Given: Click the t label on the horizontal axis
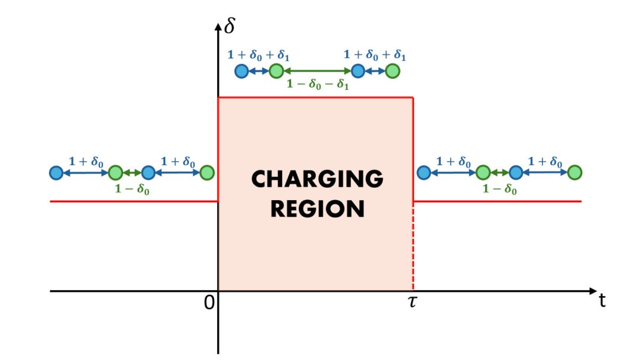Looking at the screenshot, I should pos(603,300).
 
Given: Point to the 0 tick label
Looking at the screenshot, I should pos(208,302).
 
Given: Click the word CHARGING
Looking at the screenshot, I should pos(317,179).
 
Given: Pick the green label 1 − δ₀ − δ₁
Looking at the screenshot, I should pos(318,85).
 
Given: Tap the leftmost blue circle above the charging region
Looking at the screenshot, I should pos(241,72).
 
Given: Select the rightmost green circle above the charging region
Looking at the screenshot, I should pos(392,72).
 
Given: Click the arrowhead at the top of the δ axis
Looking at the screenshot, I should pos(218,27).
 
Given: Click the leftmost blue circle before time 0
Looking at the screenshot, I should pos(56,173).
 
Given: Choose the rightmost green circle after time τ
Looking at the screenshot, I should pos(574,173).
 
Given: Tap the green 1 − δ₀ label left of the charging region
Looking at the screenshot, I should pos(131,189).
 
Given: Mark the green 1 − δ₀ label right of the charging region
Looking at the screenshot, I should pos(499,189).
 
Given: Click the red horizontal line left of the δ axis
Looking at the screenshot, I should pos(133,201).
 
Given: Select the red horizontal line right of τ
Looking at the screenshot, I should pos(497,201).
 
